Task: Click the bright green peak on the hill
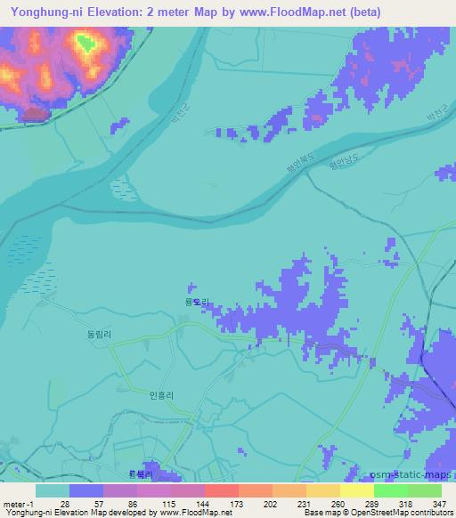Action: (86, 41)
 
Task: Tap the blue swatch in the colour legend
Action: (86, 490)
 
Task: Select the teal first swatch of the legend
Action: (53, 490)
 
